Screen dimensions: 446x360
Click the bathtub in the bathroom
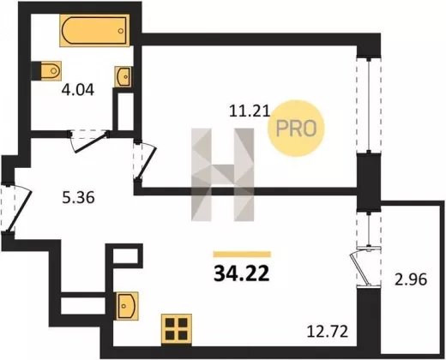click(x=94, y=31)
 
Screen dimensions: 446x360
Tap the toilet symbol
click(x=47, y=70)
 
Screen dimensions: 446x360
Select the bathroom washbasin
click(x=124, y=76)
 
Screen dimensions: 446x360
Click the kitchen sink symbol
click(x=127, y=306)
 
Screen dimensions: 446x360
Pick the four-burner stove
click(x=177, y=328)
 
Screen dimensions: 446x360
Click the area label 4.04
click(x=78, y=90)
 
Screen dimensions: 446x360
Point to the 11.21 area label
click(x=250, y=111)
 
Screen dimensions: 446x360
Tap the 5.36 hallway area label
click(x=78, y=198)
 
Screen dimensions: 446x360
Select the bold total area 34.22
click(x=242, y=273)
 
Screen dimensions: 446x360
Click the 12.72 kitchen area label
click(x=328, y=332)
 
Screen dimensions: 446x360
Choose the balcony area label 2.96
click(x=411, y=279)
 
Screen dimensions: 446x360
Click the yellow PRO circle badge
click(x=296, y=128)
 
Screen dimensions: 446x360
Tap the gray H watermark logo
click(x=223, y=175)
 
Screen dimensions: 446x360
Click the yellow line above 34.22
click(x=242, y=255)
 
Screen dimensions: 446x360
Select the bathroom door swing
click(x=88, y=141)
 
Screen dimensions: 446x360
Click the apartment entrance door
click(x=15, y=208)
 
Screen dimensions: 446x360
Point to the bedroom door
click(x=145, y=161)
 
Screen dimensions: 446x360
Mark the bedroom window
click(x=369, y=105)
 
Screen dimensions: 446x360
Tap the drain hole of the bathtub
click(x=121, y=31)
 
